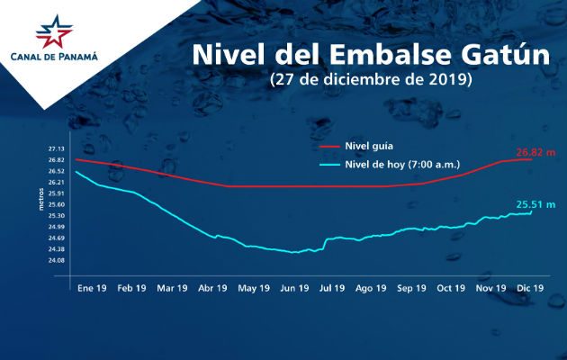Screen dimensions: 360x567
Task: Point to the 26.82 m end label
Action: [537, 152]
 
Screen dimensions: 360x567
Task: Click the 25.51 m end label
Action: [535, 205]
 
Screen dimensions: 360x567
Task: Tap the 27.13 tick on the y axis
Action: [57, 149]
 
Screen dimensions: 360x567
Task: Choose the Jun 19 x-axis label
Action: [293, 288]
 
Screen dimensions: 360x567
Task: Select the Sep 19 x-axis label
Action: [411, 288]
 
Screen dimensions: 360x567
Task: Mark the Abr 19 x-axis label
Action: [211, 288]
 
